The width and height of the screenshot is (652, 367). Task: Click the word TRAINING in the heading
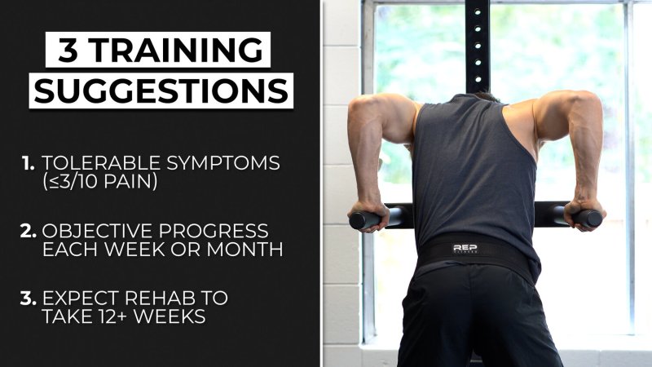[x=176, y=50]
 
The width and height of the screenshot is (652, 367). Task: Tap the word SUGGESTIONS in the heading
[x=161, y=91]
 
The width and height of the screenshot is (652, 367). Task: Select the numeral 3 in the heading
[x=68, y=50]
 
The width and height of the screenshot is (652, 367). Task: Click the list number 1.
[x=29, y=163]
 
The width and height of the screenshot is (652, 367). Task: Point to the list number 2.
[x=29, y=232]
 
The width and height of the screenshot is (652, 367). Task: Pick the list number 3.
[x=29, y=298]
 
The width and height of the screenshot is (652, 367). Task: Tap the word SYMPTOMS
[x=223, y=163]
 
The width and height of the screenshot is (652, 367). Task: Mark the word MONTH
[x=245, y=250]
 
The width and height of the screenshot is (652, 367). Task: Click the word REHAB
[x=160, y=298]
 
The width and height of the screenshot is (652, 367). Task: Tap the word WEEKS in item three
[x=170, y=316]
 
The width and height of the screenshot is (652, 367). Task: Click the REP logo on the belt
[x=465, y=249]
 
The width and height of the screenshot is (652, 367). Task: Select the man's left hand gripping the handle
[x=585, y=214]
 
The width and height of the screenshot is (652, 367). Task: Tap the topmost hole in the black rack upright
[x=478, y=12]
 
